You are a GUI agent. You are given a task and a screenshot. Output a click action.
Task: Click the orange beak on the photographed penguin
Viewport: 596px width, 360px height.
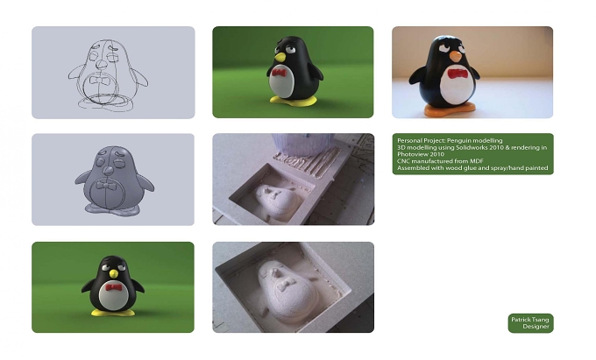click(x=456, y=57)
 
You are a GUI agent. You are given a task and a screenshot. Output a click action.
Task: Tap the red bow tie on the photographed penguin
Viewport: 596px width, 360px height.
click(x=457, y=74)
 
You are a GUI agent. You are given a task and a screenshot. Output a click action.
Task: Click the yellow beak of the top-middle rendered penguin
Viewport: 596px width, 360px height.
click(x=280, y=57)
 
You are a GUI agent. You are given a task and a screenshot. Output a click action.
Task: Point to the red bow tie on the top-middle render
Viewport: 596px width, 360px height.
click(x=279, y=73)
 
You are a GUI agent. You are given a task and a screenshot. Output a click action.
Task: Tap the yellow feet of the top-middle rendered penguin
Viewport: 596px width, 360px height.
click(x=293, y=101)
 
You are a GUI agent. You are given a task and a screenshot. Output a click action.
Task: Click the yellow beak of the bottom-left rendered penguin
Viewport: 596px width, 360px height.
click(x=113, y=273)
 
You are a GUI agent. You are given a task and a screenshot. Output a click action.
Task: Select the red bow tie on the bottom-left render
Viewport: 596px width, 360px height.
click(x=114, y=287)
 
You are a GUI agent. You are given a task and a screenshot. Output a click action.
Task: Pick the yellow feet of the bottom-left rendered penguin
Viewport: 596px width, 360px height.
click(x=113, y=313)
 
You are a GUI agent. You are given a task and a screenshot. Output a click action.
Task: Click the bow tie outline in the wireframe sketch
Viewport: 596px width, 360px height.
click(x=98, y=80)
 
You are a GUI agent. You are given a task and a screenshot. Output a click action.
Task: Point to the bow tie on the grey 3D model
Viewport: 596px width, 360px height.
click(x=104, y=186)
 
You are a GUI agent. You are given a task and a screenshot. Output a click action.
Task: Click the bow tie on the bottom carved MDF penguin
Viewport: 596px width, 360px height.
click(x=285, y=283)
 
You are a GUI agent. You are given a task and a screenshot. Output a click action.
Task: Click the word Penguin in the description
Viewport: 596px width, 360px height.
click(x=458, y=140)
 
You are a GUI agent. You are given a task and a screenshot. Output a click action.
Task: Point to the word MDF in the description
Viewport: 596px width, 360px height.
click(x=477, y=161)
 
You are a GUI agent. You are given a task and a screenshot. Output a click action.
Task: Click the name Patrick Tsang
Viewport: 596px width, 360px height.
click(x=530, y=320)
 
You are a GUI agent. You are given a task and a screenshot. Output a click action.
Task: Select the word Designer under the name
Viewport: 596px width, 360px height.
click(x=536, y=327)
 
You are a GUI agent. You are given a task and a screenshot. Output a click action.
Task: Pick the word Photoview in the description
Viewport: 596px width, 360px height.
click(x=412, y=154)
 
